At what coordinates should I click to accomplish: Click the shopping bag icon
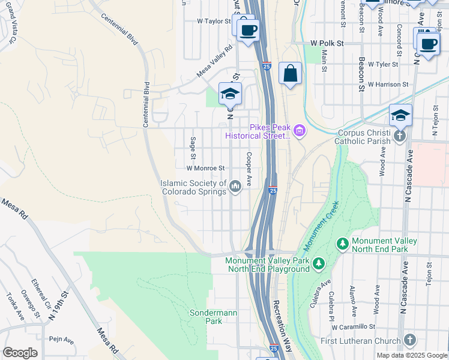pyautogui.click(x=290, y=74)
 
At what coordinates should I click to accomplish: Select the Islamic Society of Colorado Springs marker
pyautogui.click(x=235, y=188)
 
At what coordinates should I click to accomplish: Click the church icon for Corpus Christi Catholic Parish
pyautogui.click(x=400, y=137)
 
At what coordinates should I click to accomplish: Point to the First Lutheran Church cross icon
pyautogui.click(x=410, y=340)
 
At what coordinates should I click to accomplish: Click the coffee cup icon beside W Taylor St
pyautogui.click(x=247, y=29)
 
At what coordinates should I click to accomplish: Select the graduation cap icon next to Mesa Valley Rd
pyautogui.click(x=229, y=94)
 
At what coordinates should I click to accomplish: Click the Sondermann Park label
pyautogui.click(x=205, y=317)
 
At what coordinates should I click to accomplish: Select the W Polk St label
pyautogui.click(x=327, y=44)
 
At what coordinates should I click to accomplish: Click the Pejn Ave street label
pyautogui.click(x=61, y=340)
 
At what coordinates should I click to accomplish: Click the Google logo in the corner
pyautogui.click(x=20, y=352)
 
